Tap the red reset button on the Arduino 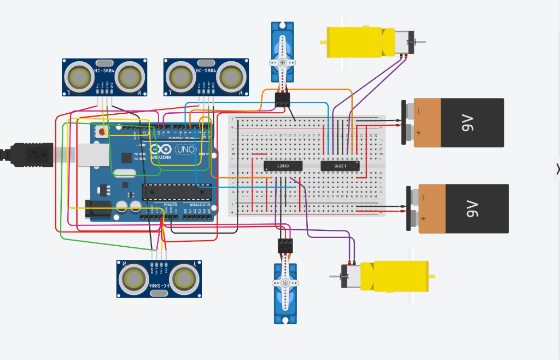(x=102, y=132)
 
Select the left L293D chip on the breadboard (x=283, y=165)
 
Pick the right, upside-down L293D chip (x=340, y=165)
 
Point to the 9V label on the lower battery (x=471, y=208)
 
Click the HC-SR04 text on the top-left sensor (x=104, y=71)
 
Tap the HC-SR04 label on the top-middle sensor (x=206, y=71)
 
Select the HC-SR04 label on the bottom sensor (x=159, y=286)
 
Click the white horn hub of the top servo (x=283, y=62)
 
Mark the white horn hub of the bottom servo (x=285, y=283)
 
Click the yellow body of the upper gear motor (x=358, y=42)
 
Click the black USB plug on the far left (x=27, y=154)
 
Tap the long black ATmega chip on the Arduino (x=177, y=192)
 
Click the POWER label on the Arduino (x=170, y=205)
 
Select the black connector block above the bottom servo (x=285, y=246)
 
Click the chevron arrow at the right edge (x=557, y=170)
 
